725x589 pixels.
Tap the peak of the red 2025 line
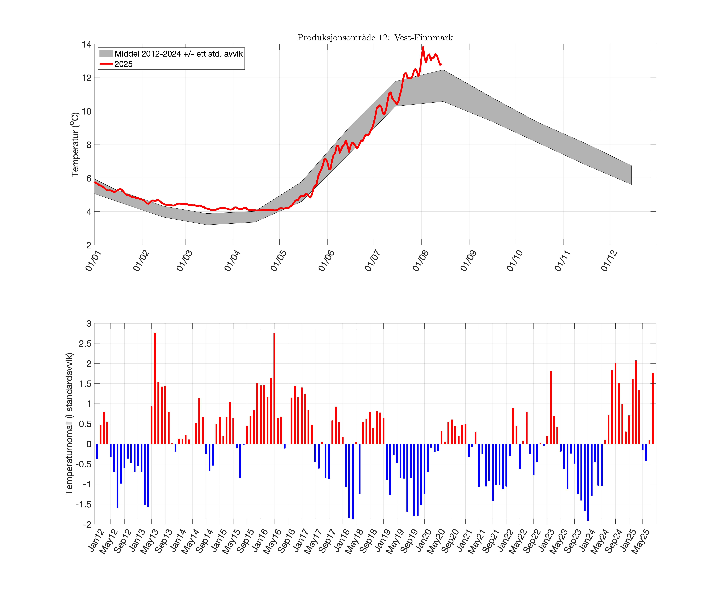[x=423, y=48]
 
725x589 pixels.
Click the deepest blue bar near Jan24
[x=588, y=482]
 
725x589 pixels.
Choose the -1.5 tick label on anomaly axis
[x=83, y=504]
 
